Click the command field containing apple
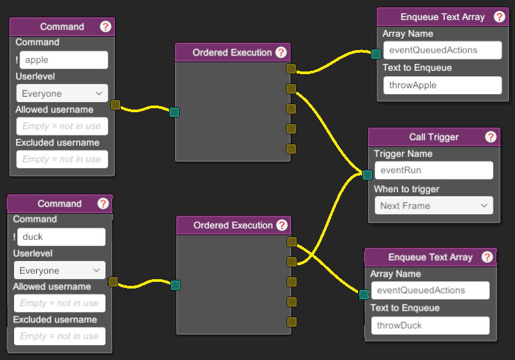[63, 60]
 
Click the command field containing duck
[61, 237]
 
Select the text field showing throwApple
[442, 85]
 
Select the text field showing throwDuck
[430, 325]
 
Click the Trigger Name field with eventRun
[434, 170]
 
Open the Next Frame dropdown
[434, 206]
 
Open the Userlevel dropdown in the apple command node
[62, 94]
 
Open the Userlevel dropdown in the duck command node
[59, 271]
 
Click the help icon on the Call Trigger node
[491, 137]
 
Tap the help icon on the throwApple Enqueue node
[499, 17]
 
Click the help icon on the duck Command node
[103, 204]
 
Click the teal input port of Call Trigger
[367, 175]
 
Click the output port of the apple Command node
[116, 105]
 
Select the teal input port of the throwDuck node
[363, 295]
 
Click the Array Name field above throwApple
[442, 50]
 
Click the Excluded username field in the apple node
[62, 160]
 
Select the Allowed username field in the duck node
[59, 303]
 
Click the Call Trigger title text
[434, 137]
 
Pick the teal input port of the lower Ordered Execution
[176, 285]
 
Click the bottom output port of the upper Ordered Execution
[291, 149]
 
